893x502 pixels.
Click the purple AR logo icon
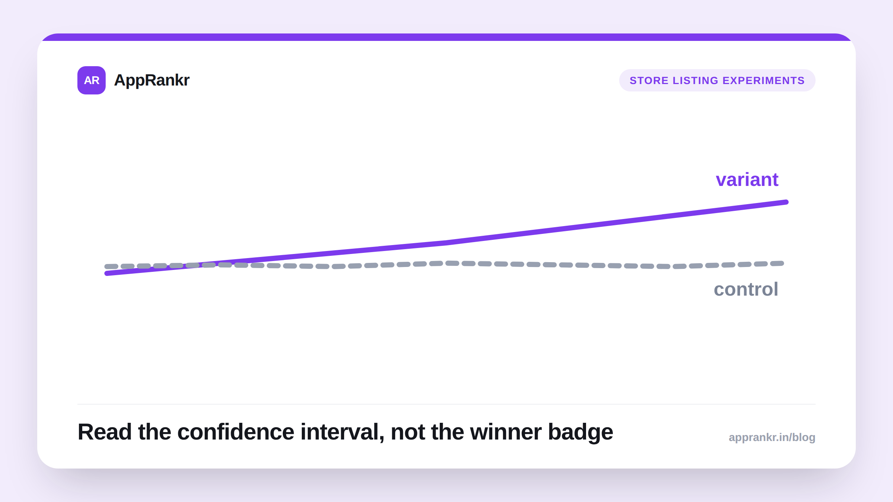pyautogui.click(x=92, y=80)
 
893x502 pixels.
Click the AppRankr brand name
pyautogui.click(x=152, y=80)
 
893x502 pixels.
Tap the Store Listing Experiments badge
pyautogui.click(x=717, y=80)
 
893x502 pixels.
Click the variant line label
pyautogui.click(x=747, y=180)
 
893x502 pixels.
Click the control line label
pyautogui.click(x=746, y=289)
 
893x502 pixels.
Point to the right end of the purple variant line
pyautogui.click(x=787, y=202)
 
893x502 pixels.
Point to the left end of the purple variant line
pyautogui.click(x=107, y=273)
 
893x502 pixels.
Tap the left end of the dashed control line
pyautogui.click(x=106, y=266)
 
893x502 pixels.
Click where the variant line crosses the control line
pyautogui.click(x=193, y=265)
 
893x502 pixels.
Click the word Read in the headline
pyautogui.click(x=105, y=432)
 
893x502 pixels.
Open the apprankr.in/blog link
pyautogui.click(x=772, y=437)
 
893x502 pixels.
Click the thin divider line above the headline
pyautogui.click(x=446, y=404)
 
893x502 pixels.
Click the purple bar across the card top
pyautogui.click(x=446, y=37)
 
